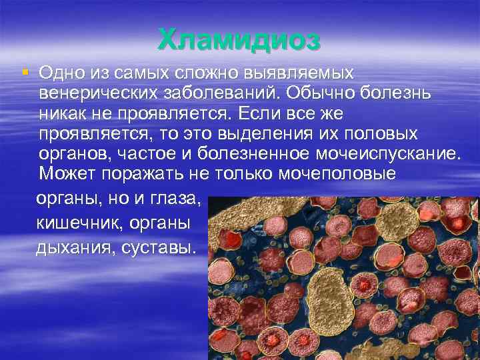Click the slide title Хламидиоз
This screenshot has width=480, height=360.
tap(239, 40)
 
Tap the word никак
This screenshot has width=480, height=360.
tap(62, 113)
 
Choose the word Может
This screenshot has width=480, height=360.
tap(68, 175)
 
